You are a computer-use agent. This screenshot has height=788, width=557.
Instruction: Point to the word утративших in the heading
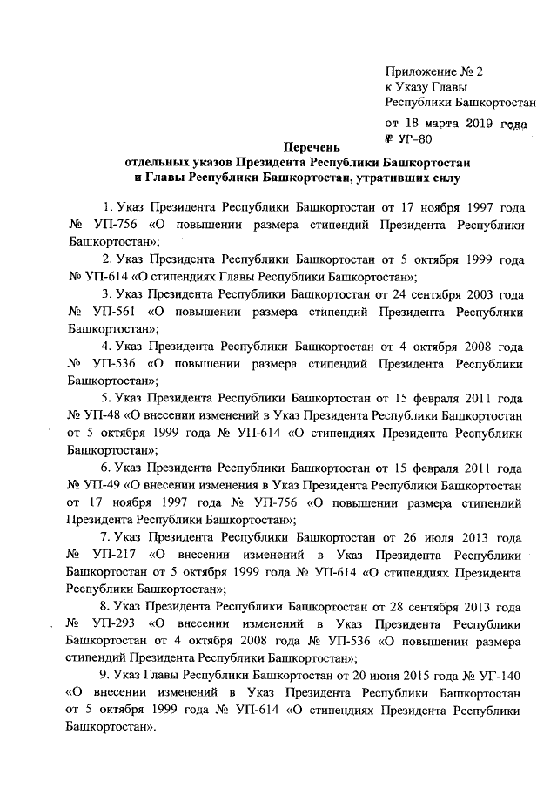click(x=389, y=180)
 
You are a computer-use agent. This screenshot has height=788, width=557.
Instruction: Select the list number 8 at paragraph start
click(x=105, y=607)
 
